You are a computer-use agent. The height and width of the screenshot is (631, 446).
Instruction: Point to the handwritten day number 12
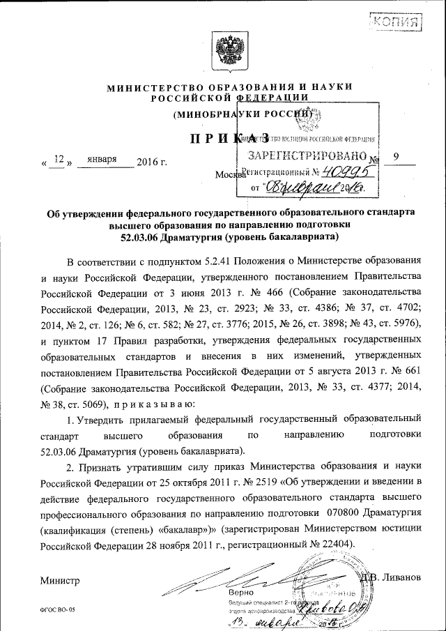click(x=59, y=160)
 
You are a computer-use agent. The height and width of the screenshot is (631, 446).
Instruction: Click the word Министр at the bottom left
click(x=60, y=580)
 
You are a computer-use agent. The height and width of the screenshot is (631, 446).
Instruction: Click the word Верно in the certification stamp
click(x=241, y=593)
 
